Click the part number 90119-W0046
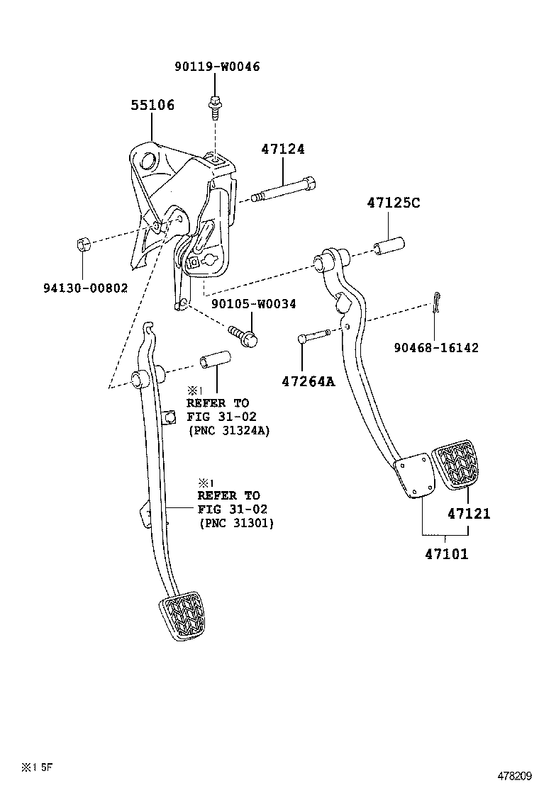click(x=217, y=67)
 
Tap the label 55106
click(x=152, y=106)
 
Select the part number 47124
click(x=282, y=150)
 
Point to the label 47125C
click(x=394, y=203)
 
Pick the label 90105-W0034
click(x=253, y=304)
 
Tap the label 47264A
click(x=308, y=382)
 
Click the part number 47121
click(x=468, y=514)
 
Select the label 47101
click(x=447, y=555)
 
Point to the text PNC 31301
click(x=235, y=523)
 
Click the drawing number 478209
click(x=513, y=776)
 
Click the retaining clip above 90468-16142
click(x=438, y=305)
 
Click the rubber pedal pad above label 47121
click(x=454, y=464)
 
